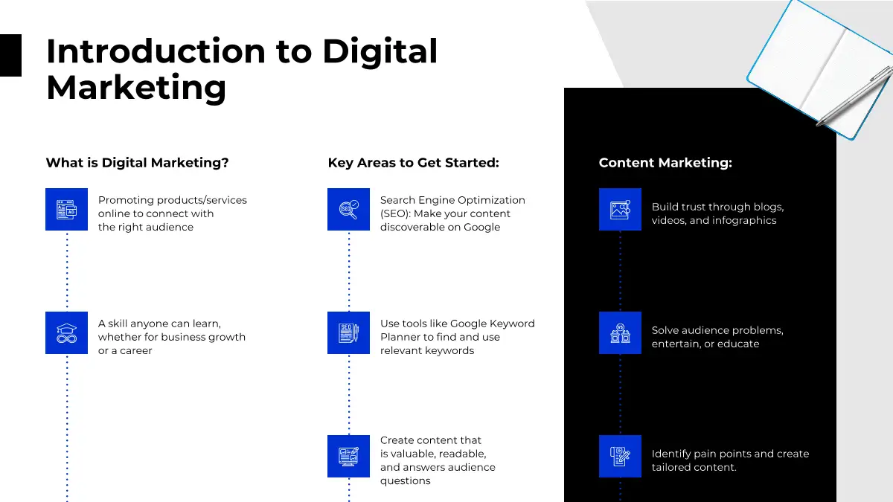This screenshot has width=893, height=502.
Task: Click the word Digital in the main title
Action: point(380,52)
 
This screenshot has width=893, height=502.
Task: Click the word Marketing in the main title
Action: point(136,88)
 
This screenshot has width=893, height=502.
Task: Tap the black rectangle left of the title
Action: point(10,55)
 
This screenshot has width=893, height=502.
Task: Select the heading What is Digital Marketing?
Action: point(137,163)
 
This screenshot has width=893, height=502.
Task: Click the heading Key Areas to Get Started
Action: point(414,163)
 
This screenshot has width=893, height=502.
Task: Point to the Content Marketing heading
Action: point(665,163)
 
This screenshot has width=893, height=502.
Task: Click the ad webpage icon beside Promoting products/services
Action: point(66,209)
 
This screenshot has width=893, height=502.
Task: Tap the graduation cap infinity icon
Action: point(66,332)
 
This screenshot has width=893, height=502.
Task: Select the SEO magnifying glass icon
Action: point(348,209)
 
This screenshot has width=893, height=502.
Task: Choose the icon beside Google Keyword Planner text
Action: point(348,332)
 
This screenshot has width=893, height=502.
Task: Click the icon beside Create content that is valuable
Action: point(348,456)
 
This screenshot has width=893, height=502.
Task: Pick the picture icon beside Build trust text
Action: point(620,209)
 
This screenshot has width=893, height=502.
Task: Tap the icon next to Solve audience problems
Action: point(620,332)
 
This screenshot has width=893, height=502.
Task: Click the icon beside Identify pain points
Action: point(620,456)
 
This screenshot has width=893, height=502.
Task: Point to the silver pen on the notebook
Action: point(855,96)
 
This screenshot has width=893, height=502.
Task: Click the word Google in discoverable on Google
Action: point(481,228)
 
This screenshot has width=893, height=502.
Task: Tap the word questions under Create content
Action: point(405,481)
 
